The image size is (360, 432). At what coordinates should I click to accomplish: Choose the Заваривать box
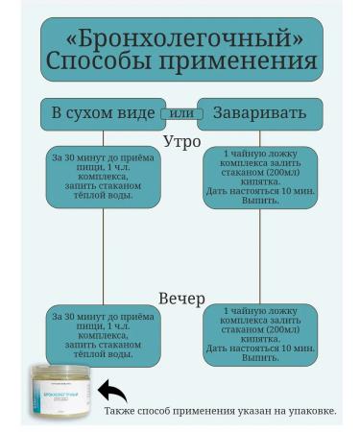258,113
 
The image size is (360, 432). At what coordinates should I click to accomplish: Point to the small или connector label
180,113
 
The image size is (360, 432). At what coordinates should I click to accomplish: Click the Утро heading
181,141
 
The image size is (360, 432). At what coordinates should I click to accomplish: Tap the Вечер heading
181,299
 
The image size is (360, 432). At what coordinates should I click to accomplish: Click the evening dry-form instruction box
103,335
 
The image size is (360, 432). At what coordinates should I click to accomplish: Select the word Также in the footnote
120,411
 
